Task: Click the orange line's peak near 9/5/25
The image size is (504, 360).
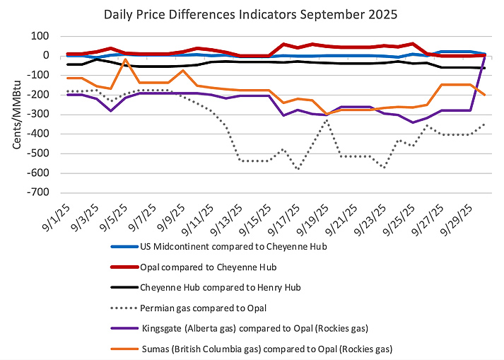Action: tap(126, 60)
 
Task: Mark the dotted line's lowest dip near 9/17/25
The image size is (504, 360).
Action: tap(299, 168)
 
